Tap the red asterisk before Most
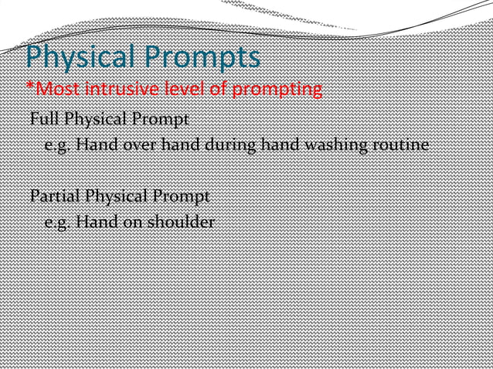coord(29,86)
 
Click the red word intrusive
coord(123,90)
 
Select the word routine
coord(399,145)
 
